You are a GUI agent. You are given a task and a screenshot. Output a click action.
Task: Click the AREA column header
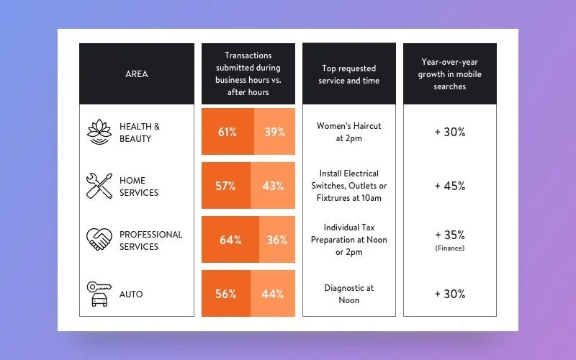coord(136,74)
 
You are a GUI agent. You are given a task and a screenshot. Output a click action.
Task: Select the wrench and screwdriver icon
coord(99,186)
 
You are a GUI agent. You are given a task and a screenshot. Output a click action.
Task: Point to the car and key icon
coord(99,294)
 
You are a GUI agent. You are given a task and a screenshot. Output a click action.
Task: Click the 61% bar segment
coord(228,132)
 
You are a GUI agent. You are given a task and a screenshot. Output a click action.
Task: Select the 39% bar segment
coord(274,132)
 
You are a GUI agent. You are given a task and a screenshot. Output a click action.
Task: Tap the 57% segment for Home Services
coord(225,186)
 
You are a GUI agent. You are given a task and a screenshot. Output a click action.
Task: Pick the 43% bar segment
coord(273,186)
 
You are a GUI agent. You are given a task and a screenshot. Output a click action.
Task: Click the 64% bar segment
coord(230,240)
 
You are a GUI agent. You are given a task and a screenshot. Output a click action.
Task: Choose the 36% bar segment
coord(276,240)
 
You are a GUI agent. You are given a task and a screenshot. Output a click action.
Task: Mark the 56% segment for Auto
coord(225,294)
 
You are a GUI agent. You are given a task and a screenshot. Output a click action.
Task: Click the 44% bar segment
coord(273,294)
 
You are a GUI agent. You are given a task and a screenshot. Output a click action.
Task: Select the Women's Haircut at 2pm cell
coord(348,132)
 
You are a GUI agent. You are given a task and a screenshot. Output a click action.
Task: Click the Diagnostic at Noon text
coord(348,294)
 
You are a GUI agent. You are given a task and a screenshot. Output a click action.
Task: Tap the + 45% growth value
coord(449,186)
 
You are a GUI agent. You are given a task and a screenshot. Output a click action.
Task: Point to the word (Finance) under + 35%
coord(449,248)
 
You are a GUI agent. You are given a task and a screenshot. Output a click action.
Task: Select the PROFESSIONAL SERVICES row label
coord(150,240)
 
